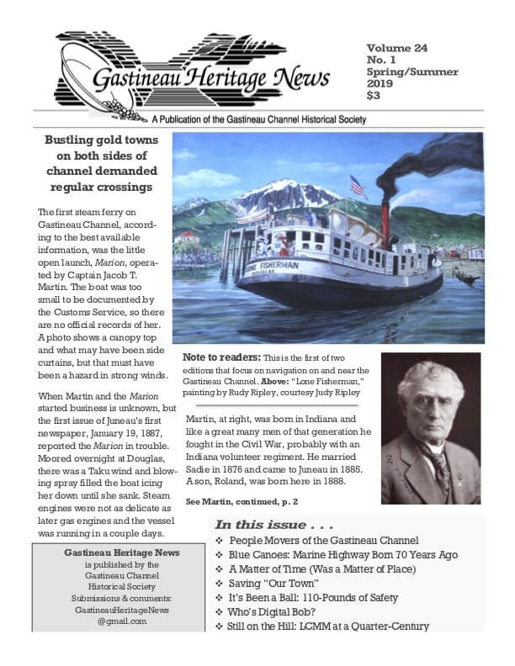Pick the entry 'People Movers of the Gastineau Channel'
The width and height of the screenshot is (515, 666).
(x=323, y=539)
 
